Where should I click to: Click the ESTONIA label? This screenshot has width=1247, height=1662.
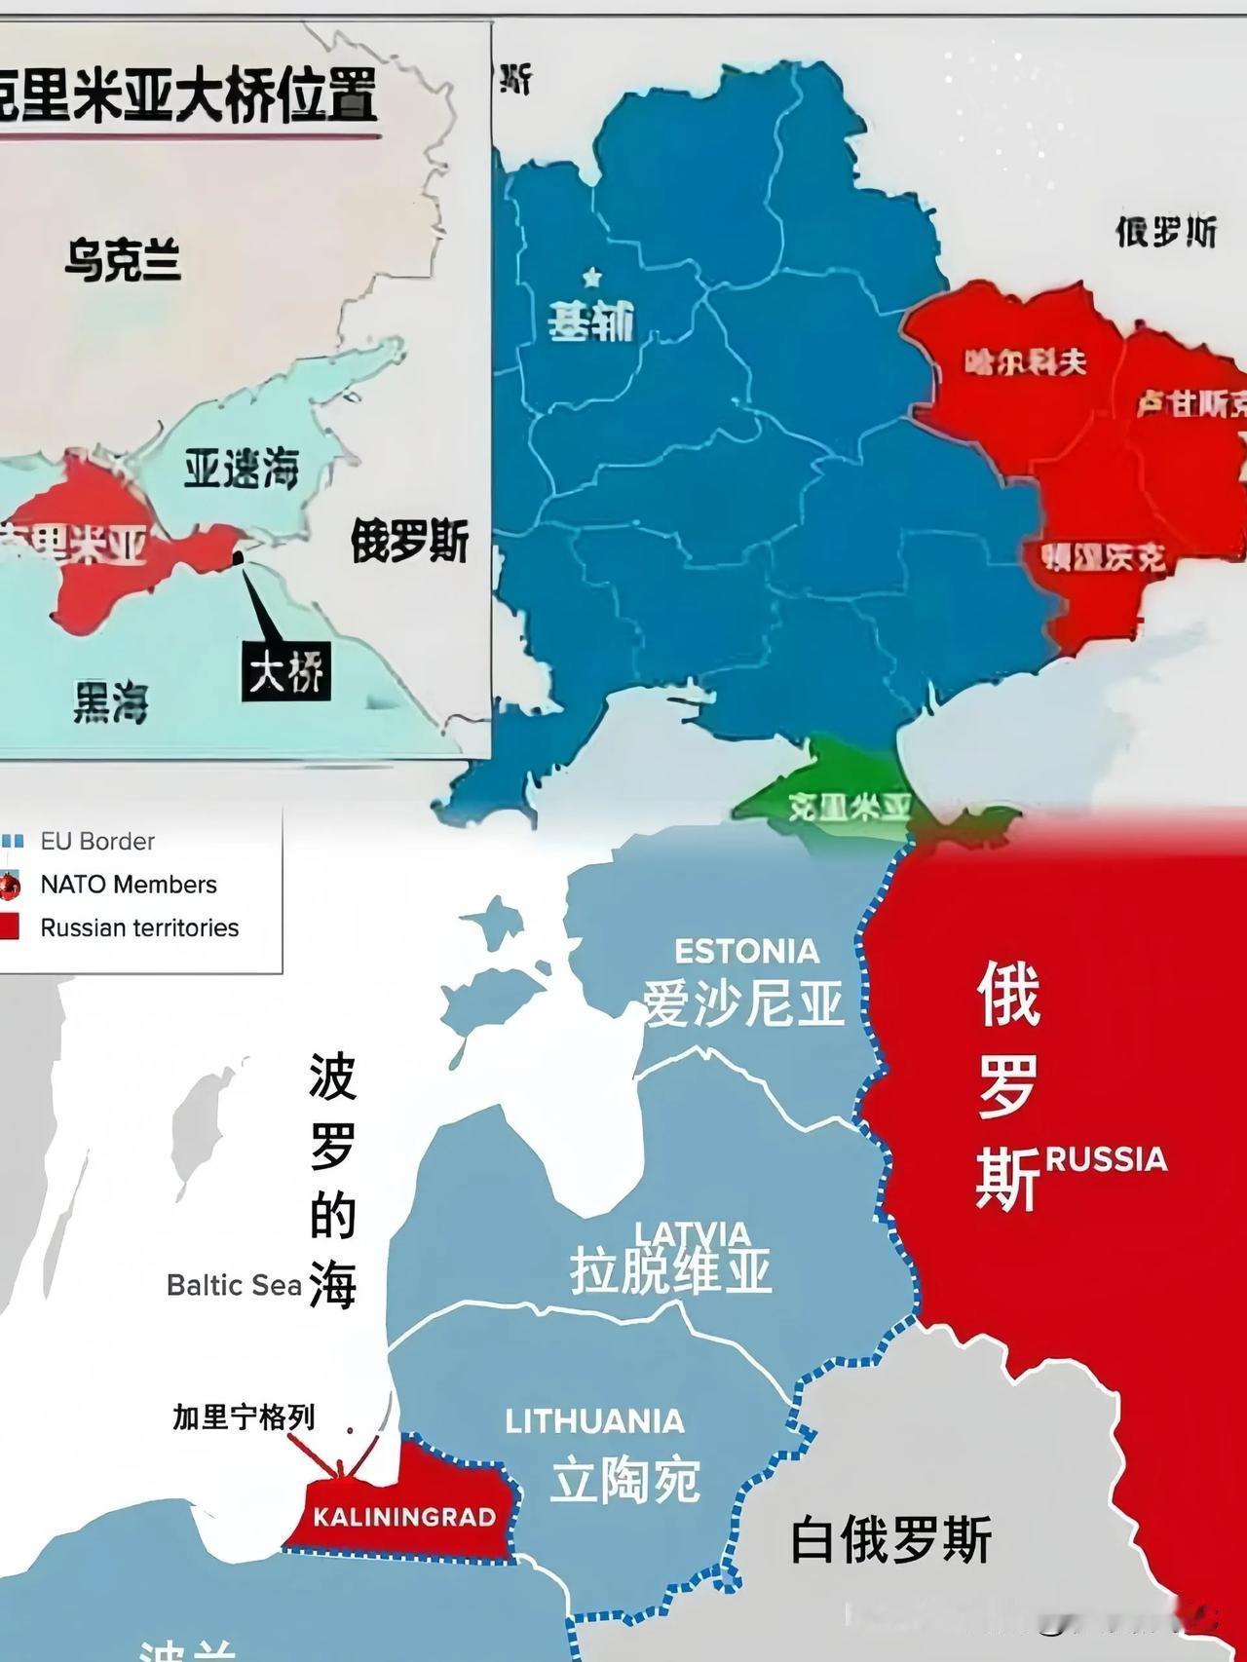click(746, 951)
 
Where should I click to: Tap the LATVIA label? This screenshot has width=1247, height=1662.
click(692, 1234)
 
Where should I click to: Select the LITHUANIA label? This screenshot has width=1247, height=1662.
click(594, 1421)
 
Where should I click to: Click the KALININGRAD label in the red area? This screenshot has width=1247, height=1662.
click(404, 1517)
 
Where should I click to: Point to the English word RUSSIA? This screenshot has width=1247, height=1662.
click(1106, 1159)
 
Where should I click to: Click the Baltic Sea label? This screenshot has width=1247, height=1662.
click(234, 1285)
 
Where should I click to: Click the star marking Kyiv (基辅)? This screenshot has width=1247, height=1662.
click(591, 278)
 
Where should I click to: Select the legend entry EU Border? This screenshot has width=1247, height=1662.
click(96, 841)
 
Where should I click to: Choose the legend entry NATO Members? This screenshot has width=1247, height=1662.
click(128, 885)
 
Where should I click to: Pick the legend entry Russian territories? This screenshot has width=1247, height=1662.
click(138, 927)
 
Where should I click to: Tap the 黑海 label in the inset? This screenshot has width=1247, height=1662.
click(110, 700)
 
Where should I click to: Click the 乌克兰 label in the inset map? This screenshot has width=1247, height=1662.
click(123, 261)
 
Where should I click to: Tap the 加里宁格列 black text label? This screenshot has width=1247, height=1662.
click(244, 1416)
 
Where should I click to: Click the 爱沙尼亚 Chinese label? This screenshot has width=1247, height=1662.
click(742, 1002)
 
